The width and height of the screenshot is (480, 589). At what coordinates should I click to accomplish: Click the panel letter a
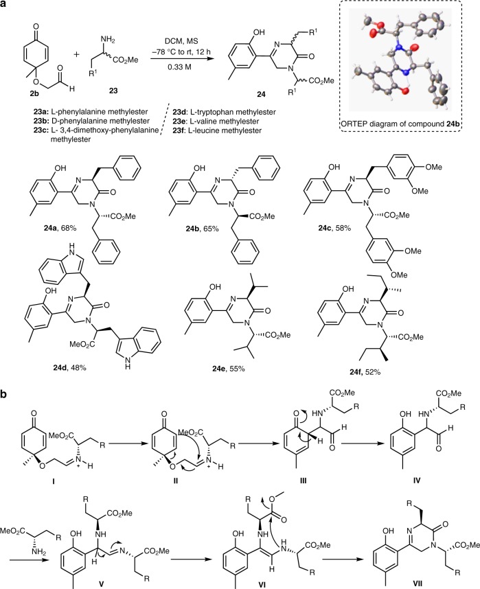tap(5, 5)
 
